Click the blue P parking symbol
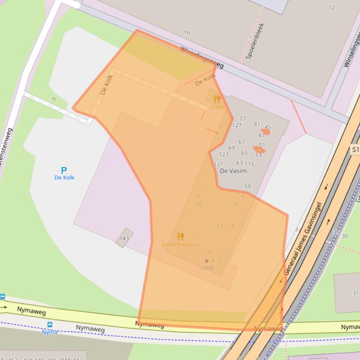(x=64, y=170)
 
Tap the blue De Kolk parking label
(x=64, y=178)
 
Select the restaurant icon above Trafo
(x=217, y=99)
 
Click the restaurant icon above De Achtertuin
(x=181, y=237)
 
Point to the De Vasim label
(x=233, y=171)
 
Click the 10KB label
(x=206, y=268)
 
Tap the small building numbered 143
(x=124, y=238)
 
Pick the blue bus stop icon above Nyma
(x=50, y=324)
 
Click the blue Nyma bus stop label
(x=50, y=332)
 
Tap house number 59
(x=247, y=187)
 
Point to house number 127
(x=236, y=125)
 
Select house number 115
(x=249, y=164)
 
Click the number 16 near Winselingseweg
(x=187, y=33)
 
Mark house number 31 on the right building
(x=355, y=293)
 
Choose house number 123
(x=224, y=154)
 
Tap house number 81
(x=257, y=124)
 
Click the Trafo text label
(x=217, y=108)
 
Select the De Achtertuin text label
(x=180, y=245)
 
